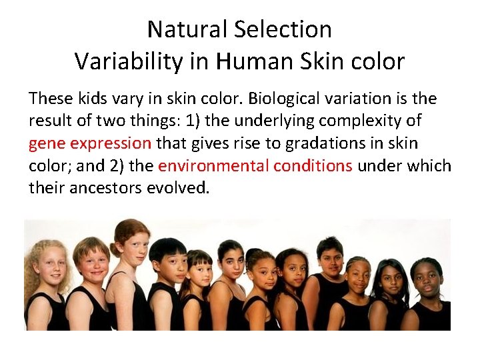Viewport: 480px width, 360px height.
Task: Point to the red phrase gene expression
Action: pyautogui.click(x=90, y=143)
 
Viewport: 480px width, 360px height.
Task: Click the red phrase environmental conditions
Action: pyautogui.click(x=255, y=166)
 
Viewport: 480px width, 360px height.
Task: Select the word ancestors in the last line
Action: pyautogui.click(x=111, y=188)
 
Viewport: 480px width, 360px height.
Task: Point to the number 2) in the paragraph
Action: pyautogui.click(x=143, y=166)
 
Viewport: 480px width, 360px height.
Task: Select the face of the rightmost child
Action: pyautogui.click(x=427, y=278)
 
